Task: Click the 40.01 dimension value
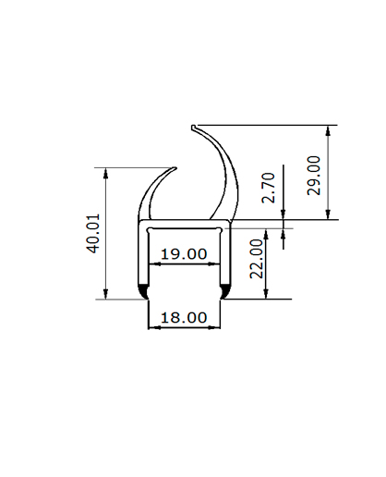(x=93, y=234)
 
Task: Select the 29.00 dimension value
(x=314, y=176)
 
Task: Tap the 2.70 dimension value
(x=268, y=188)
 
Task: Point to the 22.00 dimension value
(x=257, y=259)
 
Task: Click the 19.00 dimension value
(x=184, y=254)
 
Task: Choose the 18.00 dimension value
(x=184, y=318)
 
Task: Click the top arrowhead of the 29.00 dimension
(x=328, y=130)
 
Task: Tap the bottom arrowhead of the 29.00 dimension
(x=328, y=214)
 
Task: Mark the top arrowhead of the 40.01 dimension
(x=106, y=173)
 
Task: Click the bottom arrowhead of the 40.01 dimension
(x=106, y=294)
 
